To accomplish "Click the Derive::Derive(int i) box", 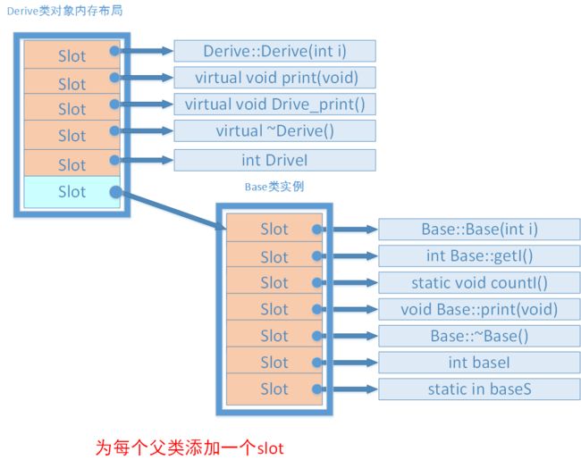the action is [x=274, y=51].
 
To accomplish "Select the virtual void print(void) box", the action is [x=274, y=78].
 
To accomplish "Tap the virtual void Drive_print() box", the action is [x=274, y=104].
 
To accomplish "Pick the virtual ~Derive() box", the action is [x=274, y=130].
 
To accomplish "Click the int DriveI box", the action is [x=274, y=160].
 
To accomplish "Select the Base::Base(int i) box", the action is [x=479, y=230].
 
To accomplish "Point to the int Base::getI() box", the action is [x=479, y=255].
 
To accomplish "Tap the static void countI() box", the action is [x=479, y=282].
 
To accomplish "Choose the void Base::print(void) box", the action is [x=479, y=309].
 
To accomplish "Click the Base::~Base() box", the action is [x=479, y=336].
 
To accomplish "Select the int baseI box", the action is [x=479, y=363].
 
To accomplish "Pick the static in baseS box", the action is [x=479, y=389].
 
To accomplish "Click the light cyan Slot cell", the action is [x=72, y=192].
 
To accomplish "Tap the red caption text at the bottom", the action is [x=189, y=448].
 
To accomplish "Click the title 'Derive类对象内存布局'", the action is [x=65, y=11].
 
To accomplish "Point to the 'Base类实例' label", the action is [x=274, y=187].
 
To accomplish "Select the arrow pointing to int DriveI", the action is [x=145, y=160].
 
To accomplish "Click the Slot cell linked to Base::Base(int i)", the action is [x=274, y=228].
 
